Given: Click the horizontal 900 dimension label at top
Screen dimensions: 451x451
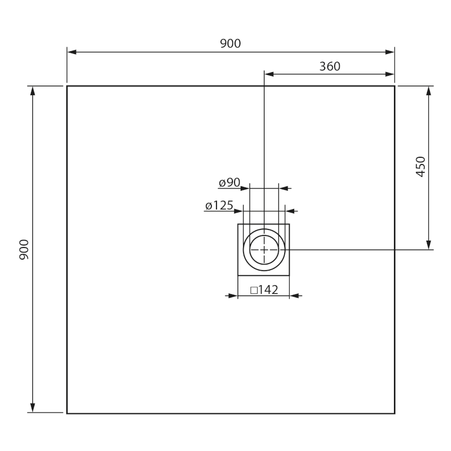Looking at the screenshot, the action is point(231,44).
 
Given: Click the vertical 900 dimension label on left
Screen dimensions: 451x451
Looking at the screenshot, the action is point(24,250).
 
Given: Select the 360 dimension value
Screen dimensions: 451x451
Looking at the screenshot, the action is point(330,67).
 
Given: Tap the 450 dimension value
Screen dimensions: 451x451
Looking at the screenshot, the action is point(421,166).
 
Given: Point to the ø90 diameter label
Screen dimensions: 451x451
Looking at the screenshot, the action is point(229,182).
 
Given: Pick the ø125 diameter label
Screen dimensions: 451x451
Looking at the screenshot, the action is point(219,205).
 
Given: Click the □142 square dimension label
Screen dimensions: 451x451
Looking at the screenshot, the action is point(264,290).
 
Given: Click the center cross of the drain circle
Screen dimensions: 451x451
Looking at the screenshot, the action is point(264,250).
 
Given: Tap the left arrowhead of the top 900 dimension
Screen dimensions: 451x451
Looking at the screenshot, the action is point(72,52).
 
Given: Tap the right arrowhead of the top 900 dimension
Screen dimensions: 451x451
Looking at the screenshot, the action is point(390,52).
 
